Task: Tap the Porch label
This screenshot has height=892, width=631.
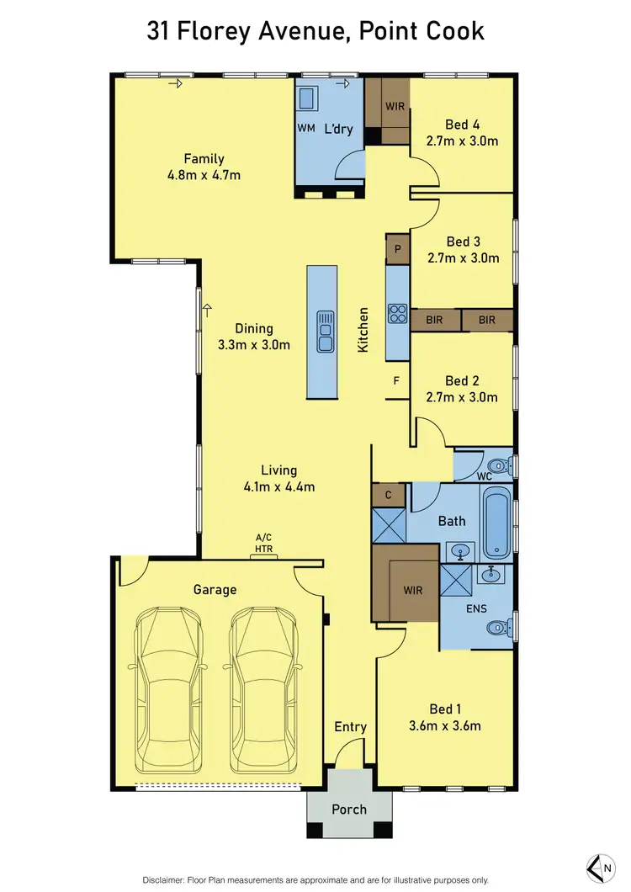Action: pos(349,810)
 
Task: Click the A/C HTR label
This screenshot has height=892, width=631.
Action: pos(264,543)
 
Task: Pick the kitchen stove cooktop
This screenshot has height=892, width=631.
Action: pos(396,314)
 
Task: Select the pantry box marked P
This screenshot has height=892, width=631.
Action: pos(397,250)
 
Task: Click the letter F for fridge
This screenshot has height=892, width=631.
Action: pos(396,380)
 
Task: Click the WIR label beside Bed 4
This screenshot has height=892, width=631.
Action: pos(395,108)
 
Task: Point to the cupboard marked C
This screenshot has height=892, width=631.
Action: pos(388,496)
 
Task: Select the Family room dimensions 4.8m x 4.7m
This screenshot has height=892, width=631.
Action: pos(204,175)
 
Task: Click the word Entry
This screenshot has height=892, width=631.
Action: pos(350,727)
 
